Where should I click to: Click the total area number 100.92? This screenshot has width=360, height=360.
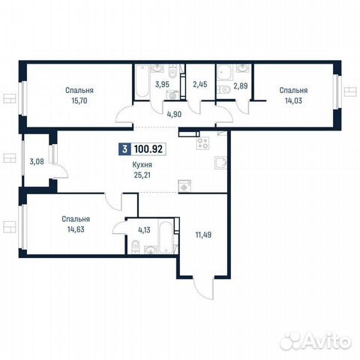click(x=148, y=149)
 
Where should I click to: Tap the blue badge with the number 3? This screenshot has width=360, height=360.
click(x=124, y=149)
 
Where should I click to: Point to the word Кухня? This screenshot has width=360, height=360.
click(x=142, y=165)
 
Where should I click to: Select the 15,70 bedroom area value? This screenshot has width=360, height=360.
click(x=79, y=100)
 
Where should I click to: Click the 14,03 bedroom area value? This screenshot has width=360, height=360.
click(x=293, y=100)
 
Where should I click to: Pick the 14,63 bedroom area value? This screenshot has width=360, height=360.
click(x=76, y=229)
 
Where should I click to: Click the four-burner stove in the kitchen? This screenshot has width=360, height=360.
click(x=202, y=143)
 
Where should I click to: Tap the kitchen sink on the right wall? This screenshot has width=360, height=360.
click(x=220, y=163)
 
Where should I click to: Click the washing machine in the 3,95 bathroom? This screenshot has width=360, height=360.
click(x=173, y=95)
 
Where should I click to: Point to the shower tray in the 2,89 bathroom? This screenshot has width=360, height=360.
click(x=225, y=73)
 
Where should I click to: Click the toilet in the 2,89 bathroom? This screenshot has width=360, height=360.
click(x=224, y=89)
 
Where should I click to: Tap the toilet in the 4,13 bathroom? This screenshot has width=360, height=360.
click(x=135, y=247)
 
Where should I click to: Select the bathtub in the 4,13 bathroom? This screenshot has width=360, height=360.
click(x=166, y=236)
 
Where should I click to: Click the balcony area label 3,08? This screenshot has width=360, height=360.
click(x=37, y=161)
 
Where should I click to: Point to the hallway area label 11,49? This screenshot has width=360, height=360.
click(x=203, y=235)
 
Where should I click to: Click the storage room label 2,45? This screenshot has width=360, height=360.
click(x=200, y=84)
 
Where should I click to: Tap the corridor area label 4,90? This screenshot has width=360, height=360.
click(x=174, y=114)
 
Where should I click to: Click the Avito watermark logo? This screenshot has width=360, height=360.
click(x=316, y=340)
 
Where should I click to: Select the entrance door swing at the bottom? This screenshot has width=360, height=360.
click(x=203, y=289)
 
